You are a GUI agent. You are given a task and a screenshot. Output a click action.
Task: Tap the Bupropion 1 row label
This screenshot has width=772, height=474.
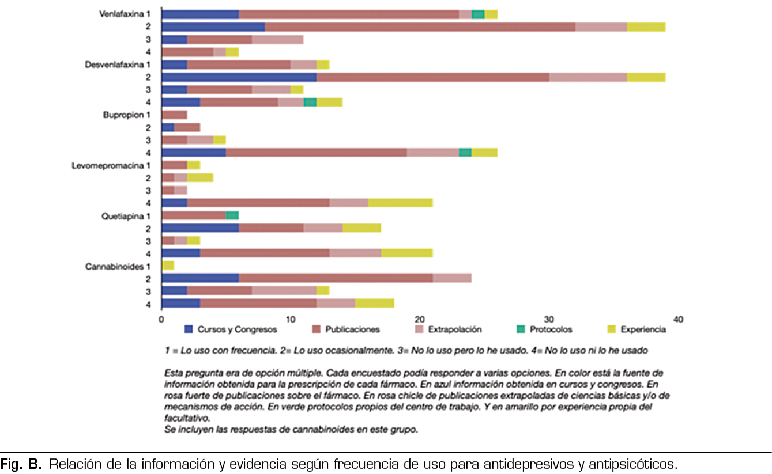pos(127,115)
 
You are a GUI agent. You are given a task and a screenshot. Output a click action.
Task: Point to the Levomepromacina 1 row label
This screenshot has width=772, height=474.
pos(111,166)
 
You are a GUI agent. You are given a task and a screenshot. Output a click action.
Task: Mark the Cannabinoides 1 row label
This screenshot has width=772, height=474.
pos(118,267)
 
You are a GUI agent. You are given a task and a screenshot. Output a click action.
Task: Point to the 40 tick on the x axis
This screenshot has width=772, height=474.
pos(678,318)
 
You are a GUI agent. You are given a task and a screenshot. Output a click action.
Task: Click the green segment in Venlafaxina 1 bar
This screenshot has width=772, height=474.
pos(478,14)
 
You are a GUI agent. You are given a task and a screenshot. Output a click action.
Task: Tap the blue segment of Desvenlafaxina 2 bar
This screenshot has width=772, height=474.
pos(239,77)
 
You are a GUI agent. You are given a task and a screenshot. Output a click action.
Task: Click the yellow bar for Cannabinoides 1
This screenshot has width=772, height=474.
pos(168,266)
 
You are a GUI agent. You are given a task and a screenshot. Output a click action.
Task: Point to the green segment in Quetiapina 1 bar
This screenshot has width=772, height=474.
pos(232,215)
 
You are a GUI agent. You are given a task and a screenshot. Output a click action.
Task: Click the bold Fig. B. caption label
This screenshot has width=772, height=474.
pos(21,464)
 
